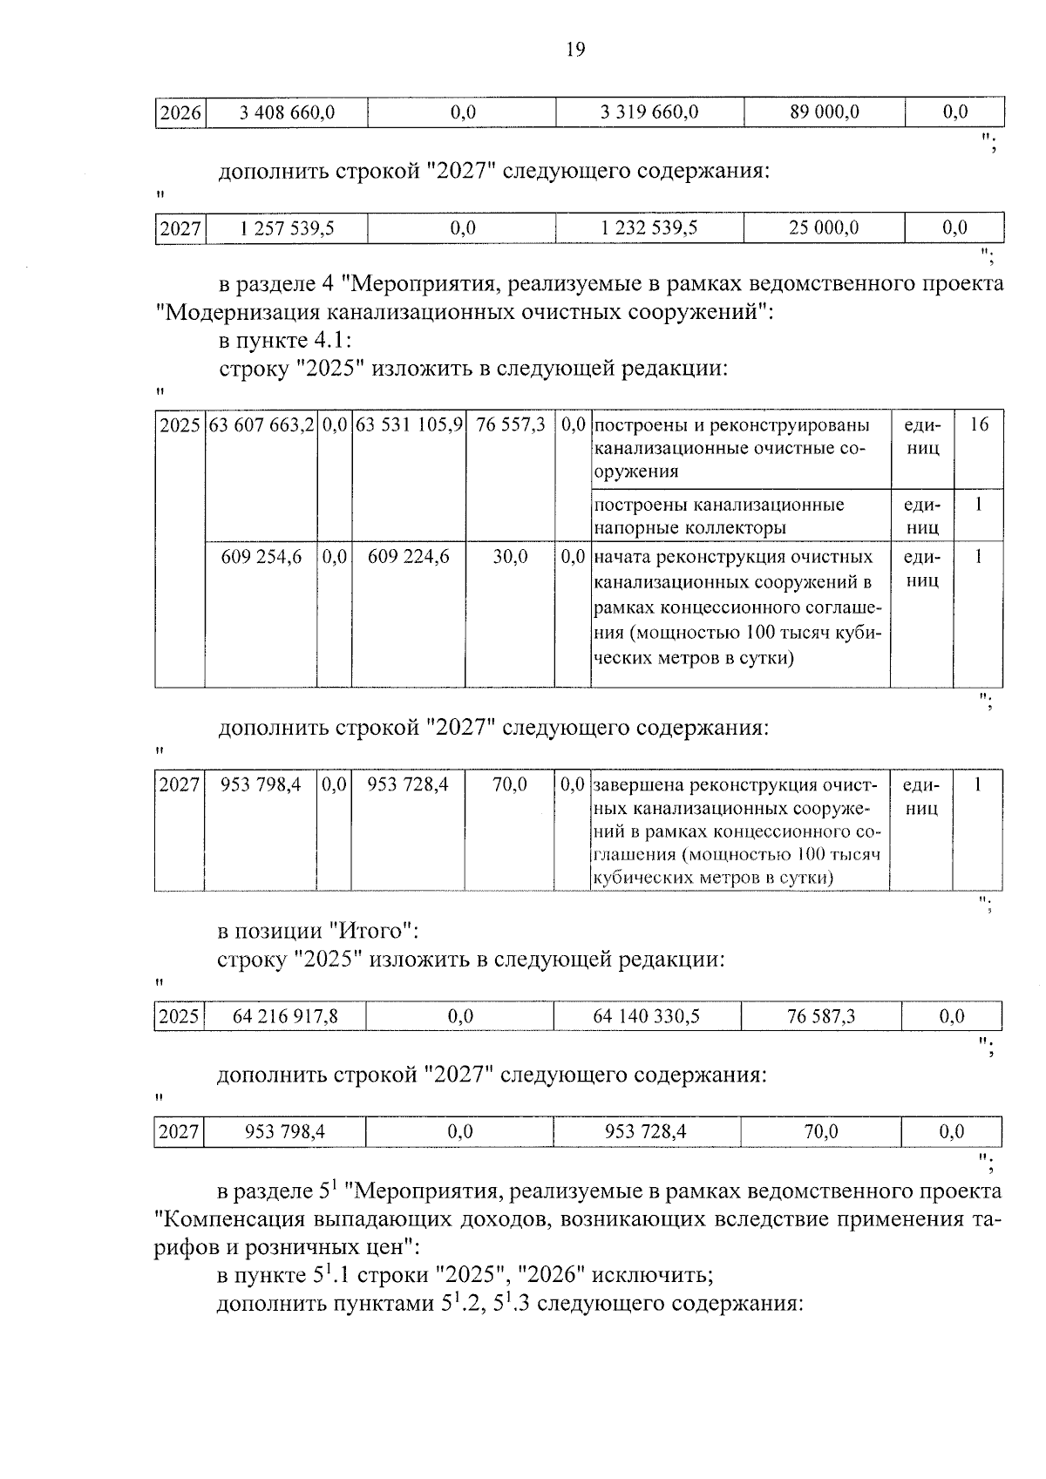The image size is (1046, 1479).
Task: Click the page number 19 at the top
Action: click(575, 50)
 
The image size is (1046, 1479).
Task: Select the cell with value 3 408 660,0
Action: click(286, 112)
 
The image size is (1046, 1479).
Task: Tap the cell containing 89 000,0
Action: click(824, 112)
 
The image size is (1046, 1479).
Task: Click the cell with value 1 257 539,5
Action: click(286, 228)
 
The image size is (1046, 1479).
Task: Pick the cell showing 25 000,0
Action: click(824, 228)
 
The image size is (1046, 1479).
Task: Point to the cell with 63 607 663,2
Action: click(261, 425)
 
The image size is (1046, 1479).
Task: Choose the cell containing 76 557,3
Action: click(510, 425)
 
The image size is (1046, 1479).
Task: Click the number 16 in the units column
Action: click(979, 425)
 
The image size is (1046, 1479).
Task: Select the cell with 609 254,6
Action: click(261, 557)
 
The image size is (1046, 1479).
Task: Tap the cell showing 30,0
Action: click(510, 557)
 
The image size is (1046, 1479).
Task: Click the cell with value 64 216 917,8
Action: click(285, 1016)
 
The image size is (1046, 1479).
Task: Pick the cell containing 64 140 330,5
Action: click(647, 1016)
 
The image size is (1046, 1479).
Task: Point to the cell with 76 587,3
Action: click(820, 1016)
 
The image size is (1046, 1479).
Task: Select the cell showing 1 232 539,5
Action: click(649, 228)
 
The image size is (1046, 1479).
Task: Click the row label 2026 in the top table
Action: click(180, 112)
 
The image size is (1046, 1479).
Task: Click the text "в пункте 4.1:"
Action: click(284, 340)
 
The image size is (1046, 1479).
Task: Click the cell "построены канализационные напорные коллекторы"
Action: click(718, 516)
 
